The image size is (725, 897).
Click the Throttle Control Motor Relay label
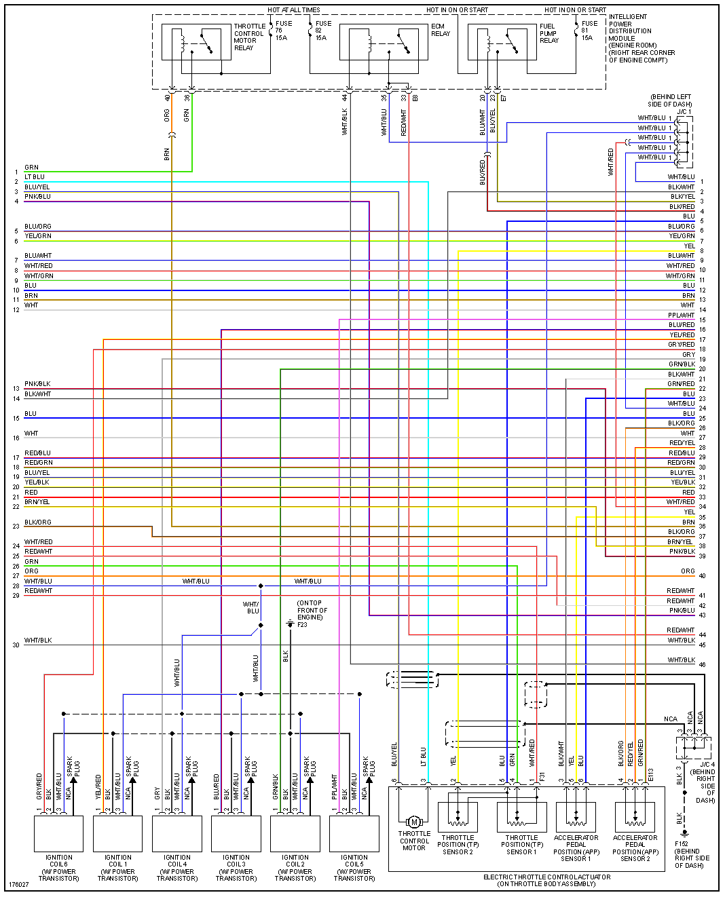point(249,37)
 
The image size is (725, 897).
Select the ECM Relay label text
point(440,30)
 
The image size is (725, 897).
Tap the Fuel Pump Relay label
point(549,33)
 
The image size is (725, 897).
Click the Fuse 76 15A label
point(283,31)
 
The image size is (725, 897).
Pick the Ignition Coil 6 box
point(59,833)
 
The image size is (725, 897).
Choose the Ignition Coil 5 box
point(354,833)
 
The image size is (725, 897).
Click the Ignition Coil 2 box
point(295,833)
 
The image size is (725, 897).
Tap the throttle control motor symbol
point(414,822)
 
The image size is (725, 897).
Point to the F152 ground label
point(691,854)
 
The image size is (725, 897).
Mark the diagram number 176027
point(19,885)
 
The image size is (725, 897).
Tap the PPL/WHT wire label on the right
point(681,315)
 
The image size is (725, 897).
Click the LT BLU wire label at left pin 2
point(35,177)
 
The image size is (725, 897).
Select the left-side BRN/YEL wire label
point(37,502)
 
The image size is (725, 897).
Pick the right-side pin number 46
point(702,665)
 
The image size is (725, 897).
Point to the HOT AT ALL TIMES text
point(293,10)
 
